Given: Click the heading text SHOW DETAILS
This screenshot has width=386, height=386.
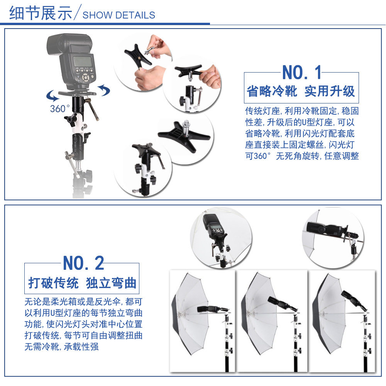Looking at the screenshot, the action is [x=119, y=15].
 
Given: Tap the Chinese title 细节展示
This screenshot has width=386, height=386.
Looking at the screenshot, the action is [x=41, y=13].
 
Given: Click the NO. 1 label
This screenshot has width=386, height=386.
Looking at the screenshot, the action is [x=302, y=73].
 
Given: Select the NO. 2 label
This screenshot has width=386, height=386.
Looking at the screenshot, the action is [x=83, y=263].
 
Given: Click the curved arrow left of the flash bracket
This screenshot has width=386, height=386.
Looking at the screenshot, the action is [x=52, y=95].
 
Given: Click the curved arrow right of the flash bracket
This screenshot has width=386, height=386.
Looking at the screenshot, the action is [x=103, y=90].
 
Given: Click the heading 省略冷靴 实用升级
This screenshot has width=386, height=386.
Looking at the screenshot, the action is [x=301, y=91].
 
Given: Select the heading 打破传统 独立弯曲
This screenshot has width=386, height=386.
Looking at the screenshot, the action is [x=82, y=283].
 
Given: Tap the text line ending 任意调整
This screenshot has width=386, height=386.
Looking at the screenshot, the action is [x=302, y=156].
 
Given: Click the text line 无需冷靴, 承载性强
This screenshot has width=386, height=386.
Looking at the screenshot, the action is [x=61, y=347].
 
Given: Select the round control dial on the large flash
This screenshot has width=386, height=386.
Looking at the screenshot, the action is [x=85, y=78].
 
